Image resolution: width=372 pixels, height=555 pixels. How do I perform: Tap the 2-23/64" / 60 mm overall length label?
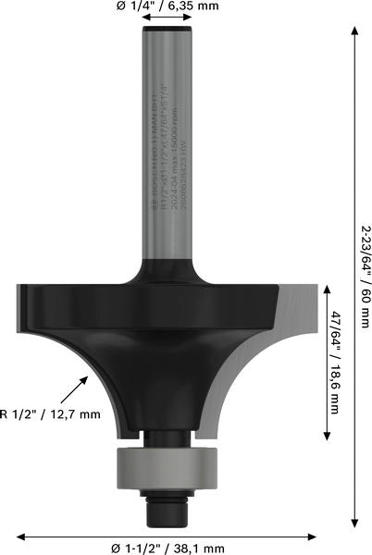point(364,277)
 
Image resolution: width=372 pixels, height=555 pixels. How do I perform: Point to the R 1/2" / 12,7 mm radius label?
point(50,413)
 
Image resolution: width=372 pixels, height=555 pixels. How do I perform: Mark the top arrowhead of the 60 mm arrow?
point(353,31)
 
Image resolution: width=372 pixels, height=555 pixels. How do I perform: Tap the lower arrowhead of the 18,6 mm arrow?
point(325,436)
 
